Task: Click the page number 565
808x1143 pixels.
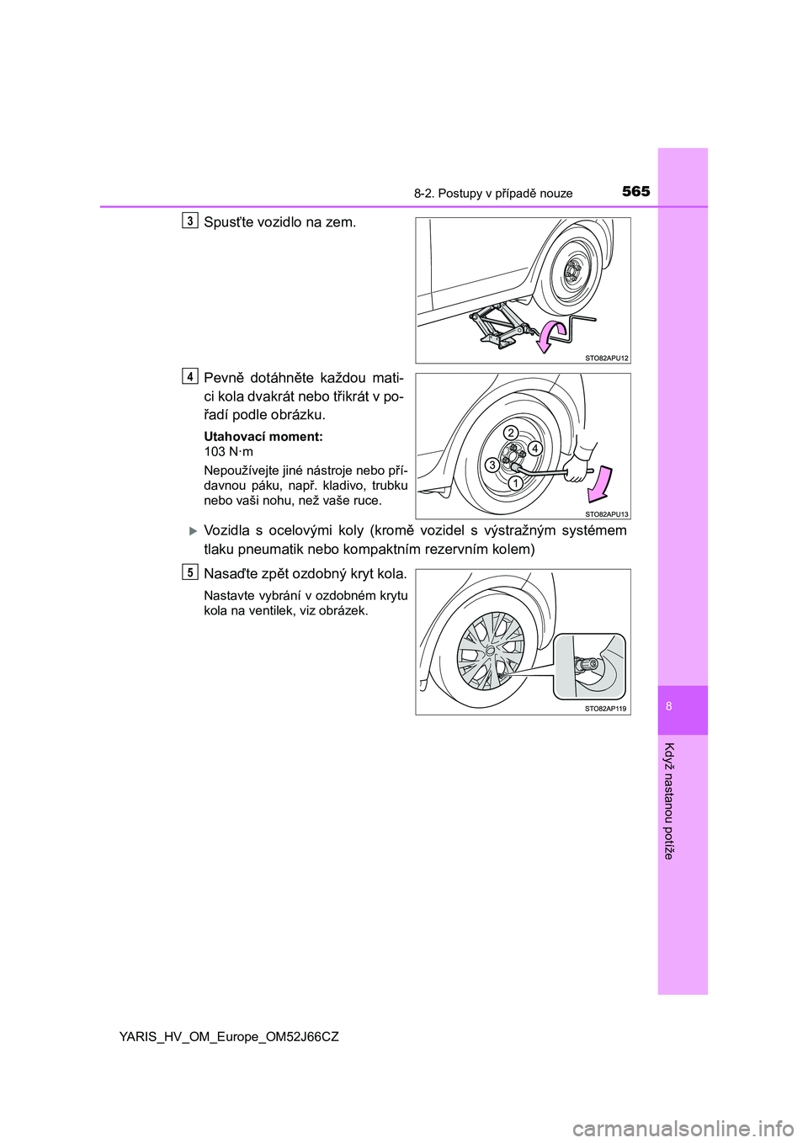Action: pos(635,191)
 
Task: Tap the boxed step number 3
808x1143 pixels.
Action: pos(190,221)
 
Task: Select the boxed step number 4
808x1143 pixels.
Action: pos(190,376)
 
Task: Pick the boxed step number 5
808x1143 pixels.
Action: pos(190,572)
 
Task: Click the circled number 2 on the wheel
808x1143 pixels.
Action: pos(510,432)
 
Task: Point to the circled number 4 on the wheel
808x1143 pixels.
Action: pos(534,448)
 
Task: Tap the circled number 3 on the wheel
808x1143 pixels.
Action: pos(492,465)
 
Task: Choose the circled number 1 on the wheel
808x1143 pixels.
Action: pos(515,482)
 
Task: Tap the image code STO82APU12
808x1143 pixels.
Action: pos(606,358)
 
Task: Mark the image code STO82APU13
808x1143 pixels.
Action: pos(606,513)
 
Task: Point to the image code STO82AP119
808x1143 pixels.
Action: pos(606,709)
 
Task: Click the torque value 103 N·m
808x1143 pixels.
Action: pos(228,451)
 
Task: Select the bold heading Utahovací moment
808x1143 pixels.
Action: pos(263,436)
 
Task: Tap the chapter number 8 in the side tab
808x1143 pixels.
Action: pos(669,706)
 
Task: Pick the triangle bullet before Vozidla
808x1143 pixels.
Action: pos(192,530)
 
